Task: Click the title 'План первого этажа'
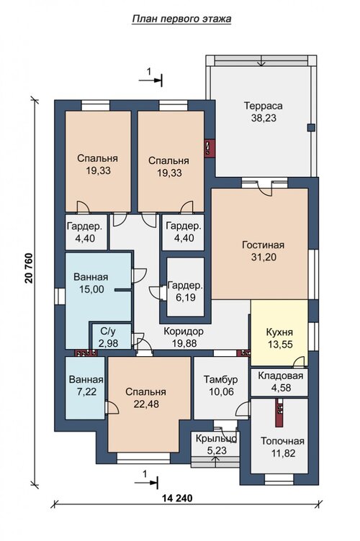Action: click(x=181, y=19)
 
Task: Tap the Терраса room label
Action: click(x=264, y=106)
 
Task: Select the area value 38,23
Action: click(x=264, y=118)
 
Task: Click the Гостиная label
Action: click(x=264, y=245)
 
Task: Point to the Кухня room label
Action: click(x=279, y=332)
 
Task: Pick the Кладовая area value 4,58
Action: click(x=281, y=388)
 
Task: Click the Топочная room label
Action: click(x=282, y=441)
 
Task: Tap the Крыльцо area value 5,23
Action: click(x=216, y=450)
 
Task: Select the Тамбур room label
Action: click(x=220, y=380)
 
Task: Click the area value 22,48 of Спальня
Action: click(x=146, y=404)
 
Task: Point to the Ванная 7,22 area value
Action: click(x=86, y=391)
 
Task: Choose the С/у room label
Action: click(x=108, y=331)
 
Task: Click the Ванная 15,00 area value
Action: click(x=91, y=289)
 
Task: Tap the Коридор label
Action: click(x=184, y=331)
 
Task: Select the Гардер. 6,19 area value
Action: click(x=186, y=297)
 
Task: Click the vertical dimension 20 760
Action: click(x=29, y=268)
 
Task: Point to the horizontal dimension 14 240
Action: click(x=177, y=499)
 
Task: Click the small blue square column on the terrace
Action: click(x=311, y=127)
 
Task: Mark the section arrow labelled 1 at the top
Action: click(x=150, y=80)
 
